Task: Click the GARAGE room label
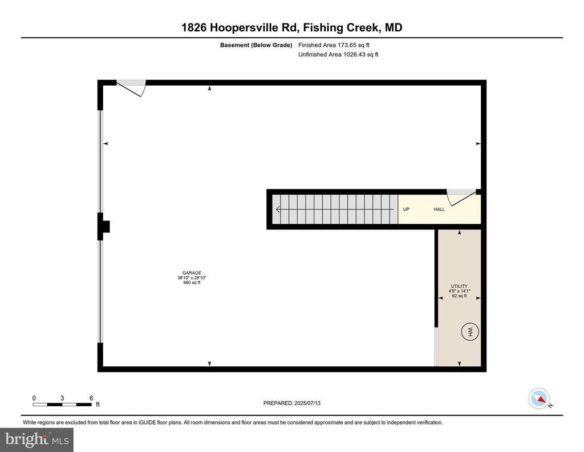192,273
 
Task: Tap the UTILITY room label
459,286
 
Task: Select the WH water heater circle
470,331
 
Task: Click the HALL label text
439,209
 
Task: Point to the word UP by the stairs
406,209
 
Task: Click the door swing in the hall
461,197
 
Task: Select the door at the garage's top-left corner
131,88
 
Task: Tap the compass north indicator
540,398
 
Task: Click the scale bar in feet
62,404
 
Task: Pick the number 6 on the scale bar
91,398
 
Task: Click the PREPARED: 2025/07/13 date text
291,403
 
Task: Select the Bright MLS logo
37,439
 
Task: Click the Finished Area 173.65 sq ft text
334,45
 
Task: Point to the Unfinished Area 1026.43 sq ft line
338,54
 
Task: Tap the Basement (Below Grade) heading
256,45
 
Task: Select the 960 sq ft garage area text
192,282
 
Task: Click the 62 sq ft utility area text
459,296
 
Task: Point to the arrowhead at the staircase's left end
278,209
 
